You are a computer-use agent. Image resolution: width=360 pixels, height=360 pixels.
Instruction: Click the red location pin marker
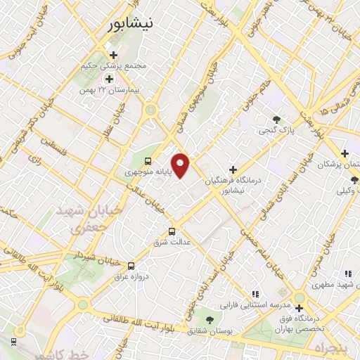click(x=181, y=165)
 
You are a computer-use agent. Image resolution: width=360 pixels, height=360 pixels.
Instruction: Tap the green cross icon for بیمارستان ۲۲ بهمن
click(x=108, y=78)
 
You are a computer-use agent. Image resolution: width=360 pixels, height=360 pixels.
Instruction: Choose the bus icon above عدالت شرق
click(x=172, y=231)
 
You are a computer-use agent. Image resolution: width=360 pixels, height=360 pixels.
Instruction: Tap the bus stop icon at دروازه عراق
click(x=131, y=266)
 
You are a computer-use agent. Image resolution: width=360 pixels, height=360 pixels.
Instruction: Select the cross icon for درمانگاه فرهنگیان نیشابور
click(x=233, y=169)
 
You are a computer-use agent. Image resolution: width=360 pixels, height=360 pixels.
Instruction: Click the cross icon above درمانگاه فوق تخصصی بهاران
click(x=300, y=308)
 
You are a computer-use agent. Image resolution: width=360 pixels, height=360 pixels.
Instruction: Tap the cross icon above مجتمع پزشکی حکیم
click(x=113, y=55)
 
